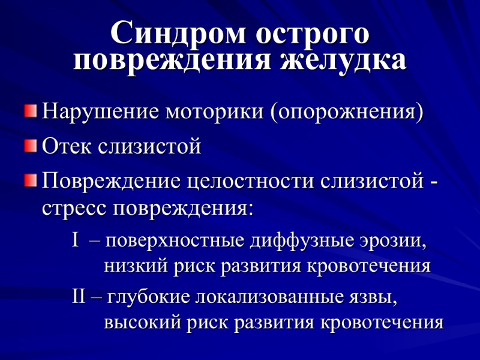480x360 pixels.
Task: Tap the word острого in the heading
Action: (313, 33)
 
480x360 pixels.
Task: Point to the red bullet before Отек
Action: (31, 146)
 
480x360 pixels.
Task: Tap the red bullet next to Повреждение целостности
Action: (31, 181)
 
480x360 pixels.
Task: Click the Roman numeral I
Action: (76, 241)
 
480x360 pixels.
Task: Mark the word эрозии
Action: (397, 242)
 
